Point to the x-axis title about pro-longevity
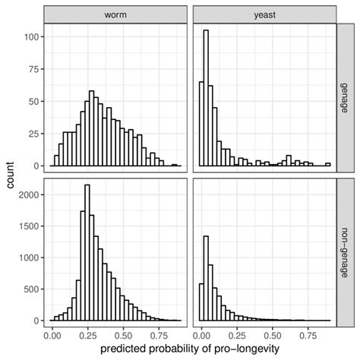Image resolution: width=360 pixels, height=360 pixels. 188,348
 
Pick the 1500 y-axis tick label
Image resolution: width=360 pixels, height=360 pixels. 27,226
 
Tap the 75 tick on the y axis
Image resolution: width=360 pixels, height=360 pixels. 33,68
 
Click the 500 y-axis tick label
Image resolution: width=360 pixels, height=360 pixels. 30,289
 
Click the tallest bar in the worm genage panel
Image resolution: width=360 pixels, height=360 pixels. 92,129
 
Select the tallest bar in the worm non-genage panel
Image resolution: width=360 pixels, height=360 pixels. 87,253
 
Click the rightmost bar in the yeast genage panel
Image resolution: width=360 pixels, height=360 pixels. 328,164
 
